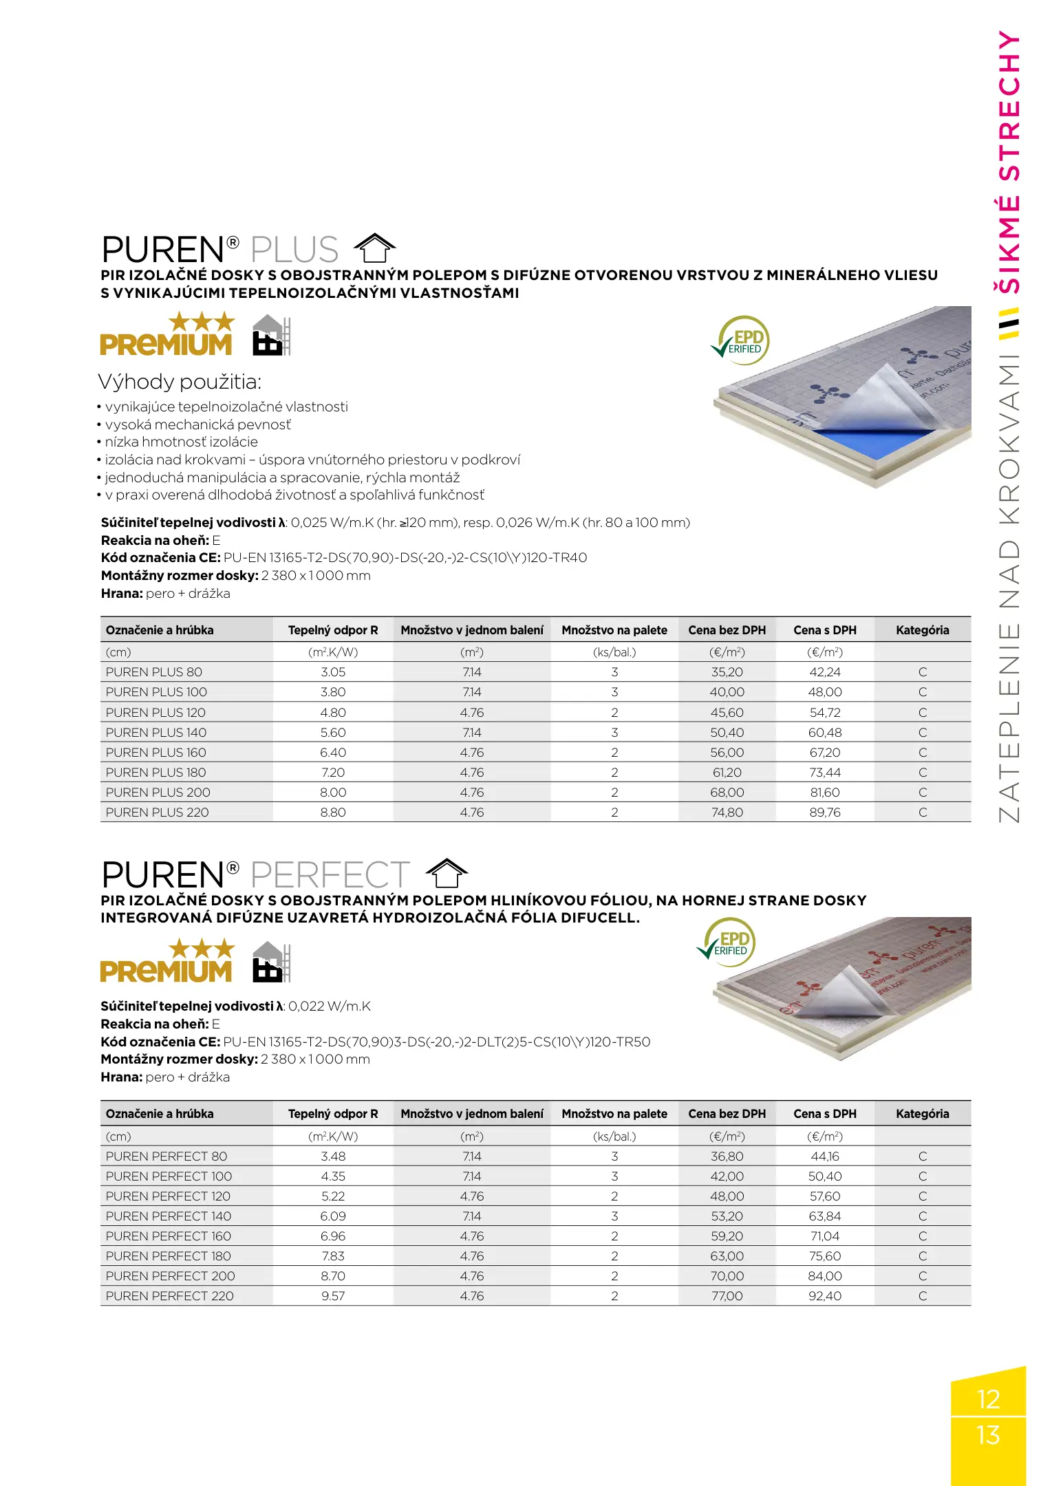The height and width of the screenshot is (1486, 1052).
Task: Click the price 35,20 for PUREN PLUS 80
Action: tap(727, 672)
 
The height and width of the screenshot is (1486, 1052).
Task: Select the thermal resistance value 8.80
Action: tap(333, 812)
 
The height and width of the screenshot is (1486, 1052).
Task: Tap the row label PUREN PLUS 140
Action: tap(156, 733)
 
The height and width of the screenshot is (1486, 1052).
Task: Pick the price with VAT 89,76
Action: tap(825, 812)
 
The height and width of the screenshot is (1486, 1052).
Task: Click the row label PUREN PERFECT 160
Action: tap(169, 1236)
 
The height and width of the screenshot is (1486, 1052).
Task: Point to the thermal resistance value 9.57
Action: tap(333, 1296)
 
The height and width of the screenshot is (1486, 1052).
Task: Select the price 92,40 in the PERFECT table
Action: tap(825, 1296)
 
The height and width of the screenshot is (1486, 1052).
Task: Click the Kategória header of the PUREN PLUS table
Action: tap(922, 630)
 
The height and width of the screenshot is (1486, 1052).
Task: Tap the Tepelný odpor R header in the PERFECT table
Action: tap(333, 1114)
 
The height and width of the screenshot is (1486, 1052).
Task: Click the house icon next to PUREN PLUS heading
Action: tap(374, 248)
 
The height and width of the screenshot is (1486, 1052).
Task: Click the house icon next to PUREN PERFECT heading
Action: tap(447, 874)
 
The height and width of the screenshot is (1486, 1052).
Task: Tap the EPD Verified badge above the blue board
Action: tap(742, 339)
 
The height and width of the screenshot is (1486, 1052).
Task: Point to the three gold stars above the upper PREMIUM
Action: tap(202, 321)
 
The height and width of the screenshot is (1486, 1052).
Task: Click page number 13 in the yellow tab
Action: tap(988, 1435)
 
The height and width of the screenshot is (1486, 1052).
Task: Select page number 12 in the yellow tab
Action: tap(988, 1399)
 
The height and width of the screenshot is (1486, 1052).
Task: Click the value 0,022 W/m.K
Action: tap(330, 1006)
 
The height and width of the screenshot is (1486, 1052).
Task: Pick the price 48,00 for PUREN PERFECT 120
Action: tap(727, 1196)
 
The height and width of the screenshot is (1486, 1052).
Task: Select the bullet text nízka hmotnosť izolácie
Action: tap(181, 442)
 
